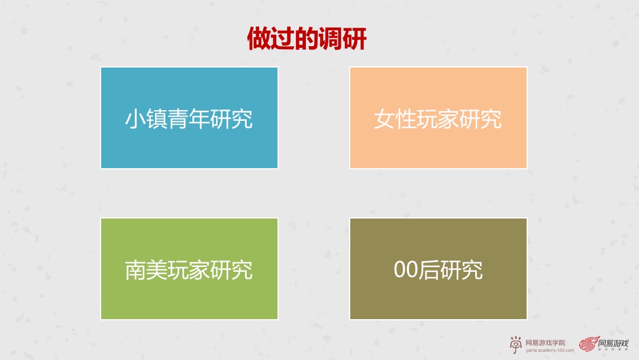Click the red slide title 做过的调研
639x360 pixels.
pos(307,40)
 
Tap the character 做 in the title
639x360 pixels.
pos(259,40)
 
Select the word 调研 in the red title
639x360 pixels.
pos(343,40)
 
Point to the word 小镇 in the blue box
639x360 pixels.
pos(146,118)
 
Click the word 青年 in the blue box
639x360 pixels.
pos(189,118)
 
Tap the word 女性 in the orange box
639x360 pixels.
pos(395,119)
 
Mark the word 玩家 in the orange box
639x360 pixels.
pos(438,119)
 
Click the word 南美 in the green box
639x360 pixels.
pos(146,270)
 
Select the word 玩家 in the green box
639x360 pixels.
pos(189,270)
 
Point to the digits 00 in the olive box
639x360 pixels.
pos(406,270)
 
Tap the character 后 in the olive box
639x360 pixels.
pos(429,270)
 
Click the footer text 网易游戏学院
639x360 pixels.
pos(545,342)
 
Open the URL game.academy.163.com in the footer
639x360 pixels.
pos(550,350)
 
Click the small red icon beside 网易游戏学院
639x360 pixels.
pos(516,345)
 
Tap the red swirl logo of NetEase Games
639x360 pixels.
pos(588,345)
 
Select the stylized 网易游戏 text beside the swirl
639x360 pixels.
pos(613,343)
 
